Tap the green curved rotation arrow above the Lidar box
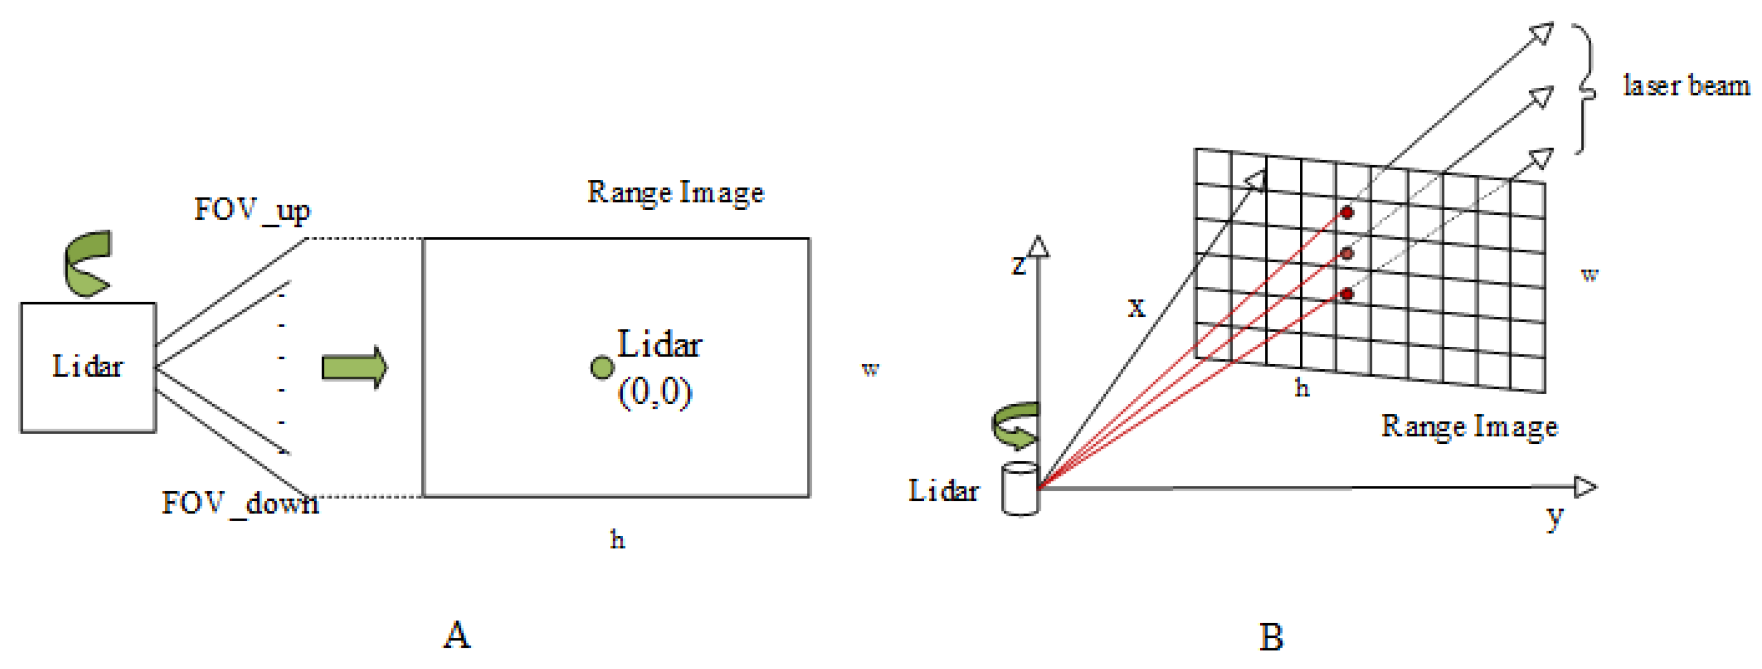(87, 264)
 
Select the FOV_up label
(251, 210)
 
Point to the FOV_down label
(239, 504)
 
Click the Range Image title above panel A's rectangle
(675, 192)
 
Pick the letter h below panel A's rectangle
(617, 540)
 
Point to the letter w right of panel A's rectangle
(870, 369)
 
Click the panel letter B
(1271, 637)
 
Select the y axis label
(1555, 517)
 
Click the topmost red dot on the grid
(1347, 213)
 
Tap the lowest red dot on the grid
(1347, 294)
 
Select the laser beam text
(1686, 86)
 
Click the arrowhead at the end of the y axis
(1584, 487)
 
